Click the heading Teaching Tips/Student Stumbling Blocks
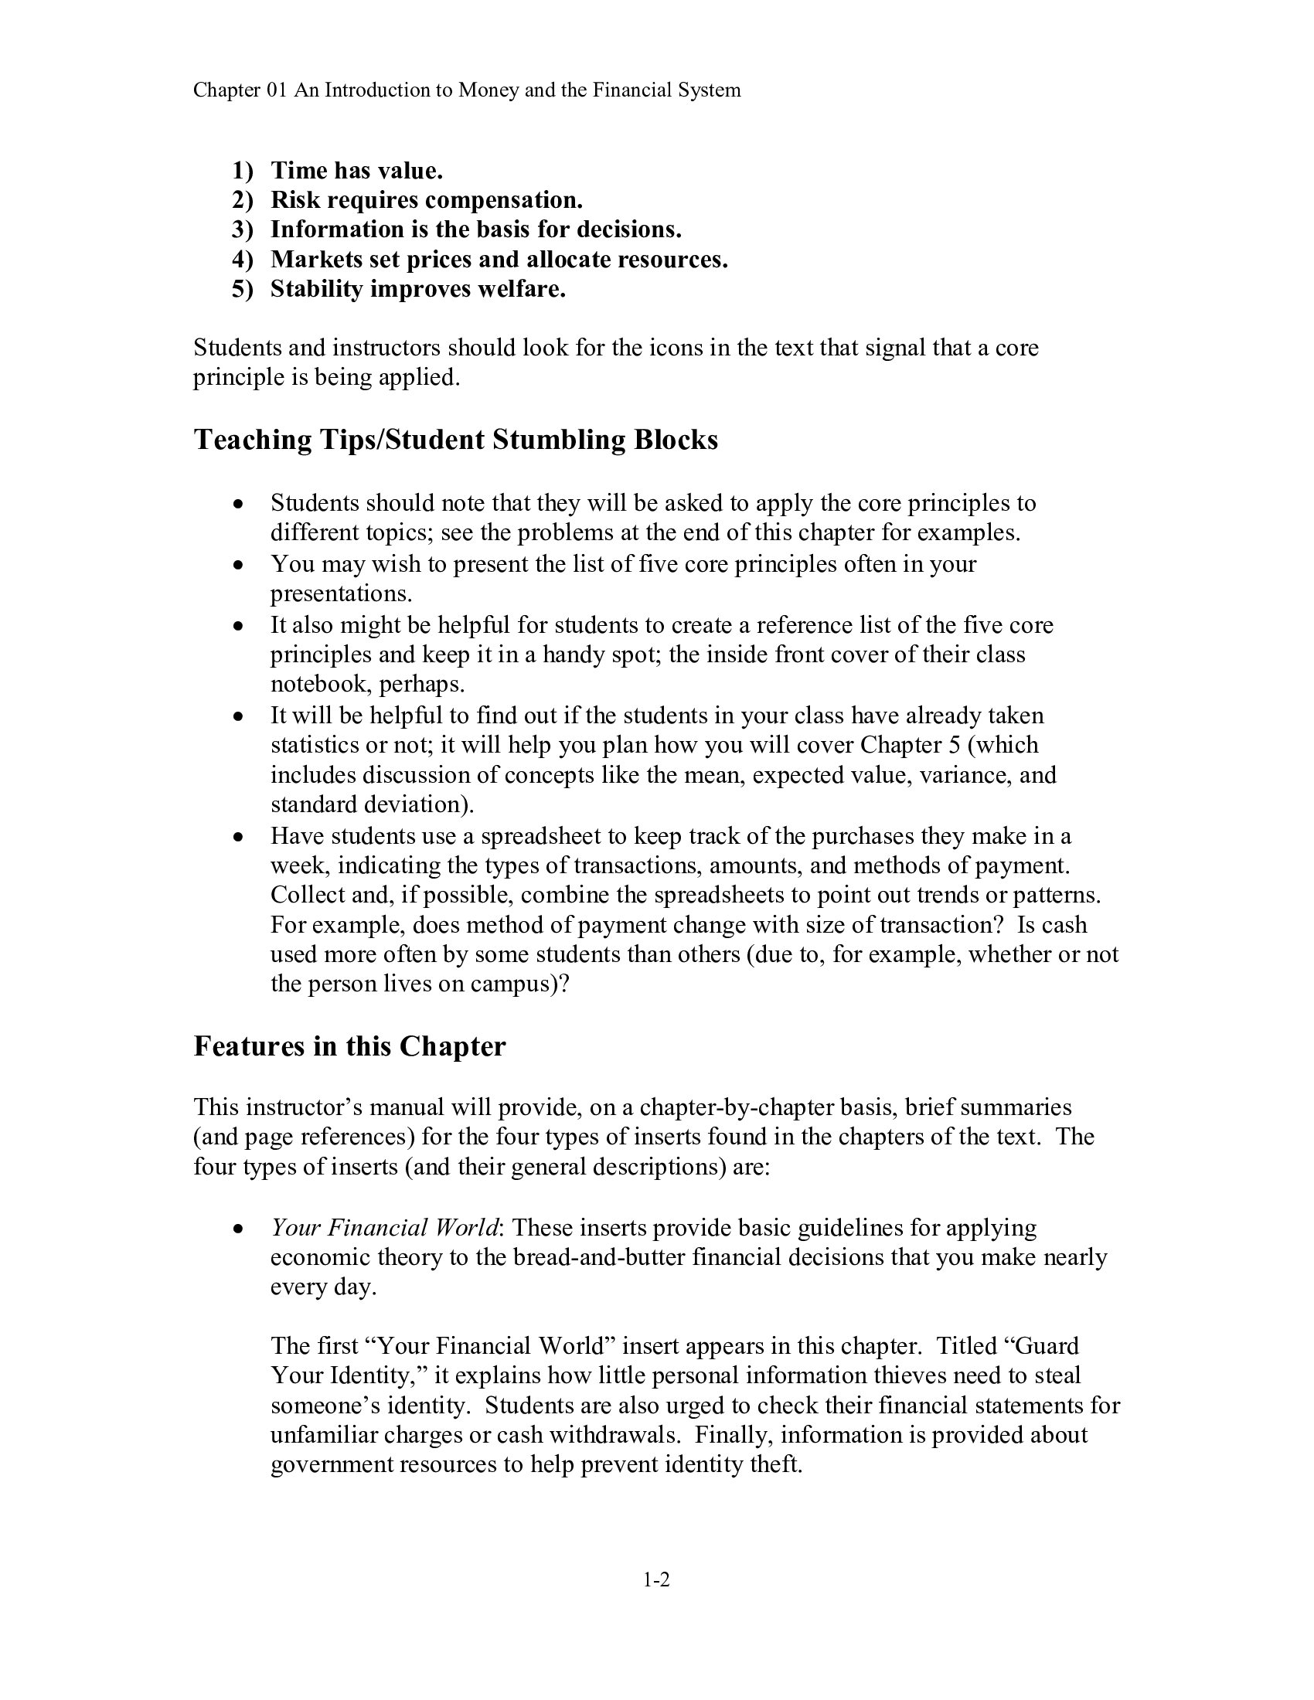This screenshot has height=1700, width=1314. [x=455, y=440]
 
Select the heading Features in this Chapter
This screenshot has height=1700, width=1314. [x=349, y=1046]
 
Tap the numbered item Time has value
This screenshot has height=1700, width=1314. [x=356, y=171]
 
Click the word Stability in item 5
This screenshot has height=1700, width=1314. [x=317, y=289]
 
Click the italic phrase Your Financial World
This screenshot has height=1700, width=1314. [x=385, y=1228]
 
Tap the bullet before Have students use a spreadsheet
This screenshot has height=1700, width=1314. [x=240, y=837]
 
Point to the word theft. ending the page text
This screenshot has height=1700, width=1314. [x=774, y=1464]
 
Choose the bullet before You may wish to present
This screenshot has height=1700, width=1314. [x=240, y=564]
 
